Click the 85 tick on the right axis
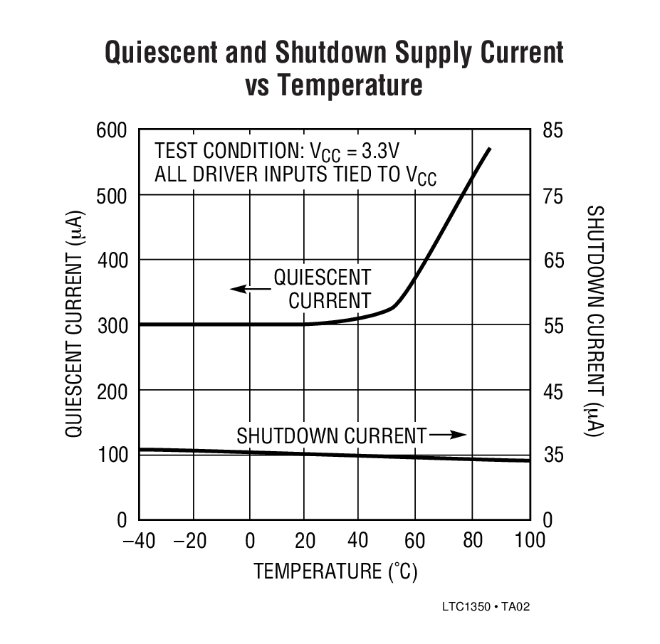click(x=552, y=130)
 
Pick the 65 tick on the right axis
click(x=552, y=260)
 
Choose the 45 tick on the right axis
click(x=552, y=391)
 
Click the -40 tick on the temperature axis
click(x=140, y=541)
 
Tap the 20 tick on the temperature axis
click(x=305, y=541)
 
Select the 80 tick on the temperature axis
click(x=473, y=541)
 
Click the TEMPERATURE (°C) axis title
click(x=335, y=571)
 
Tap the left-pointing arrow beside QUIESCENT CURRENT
click(x=248, y=288)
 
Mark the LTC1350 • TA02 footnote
click(x=486, y=607)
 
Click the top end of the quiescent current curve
click(x=489, y=149)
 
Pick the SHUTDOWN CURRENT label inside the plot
click(x=331, y=435)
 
